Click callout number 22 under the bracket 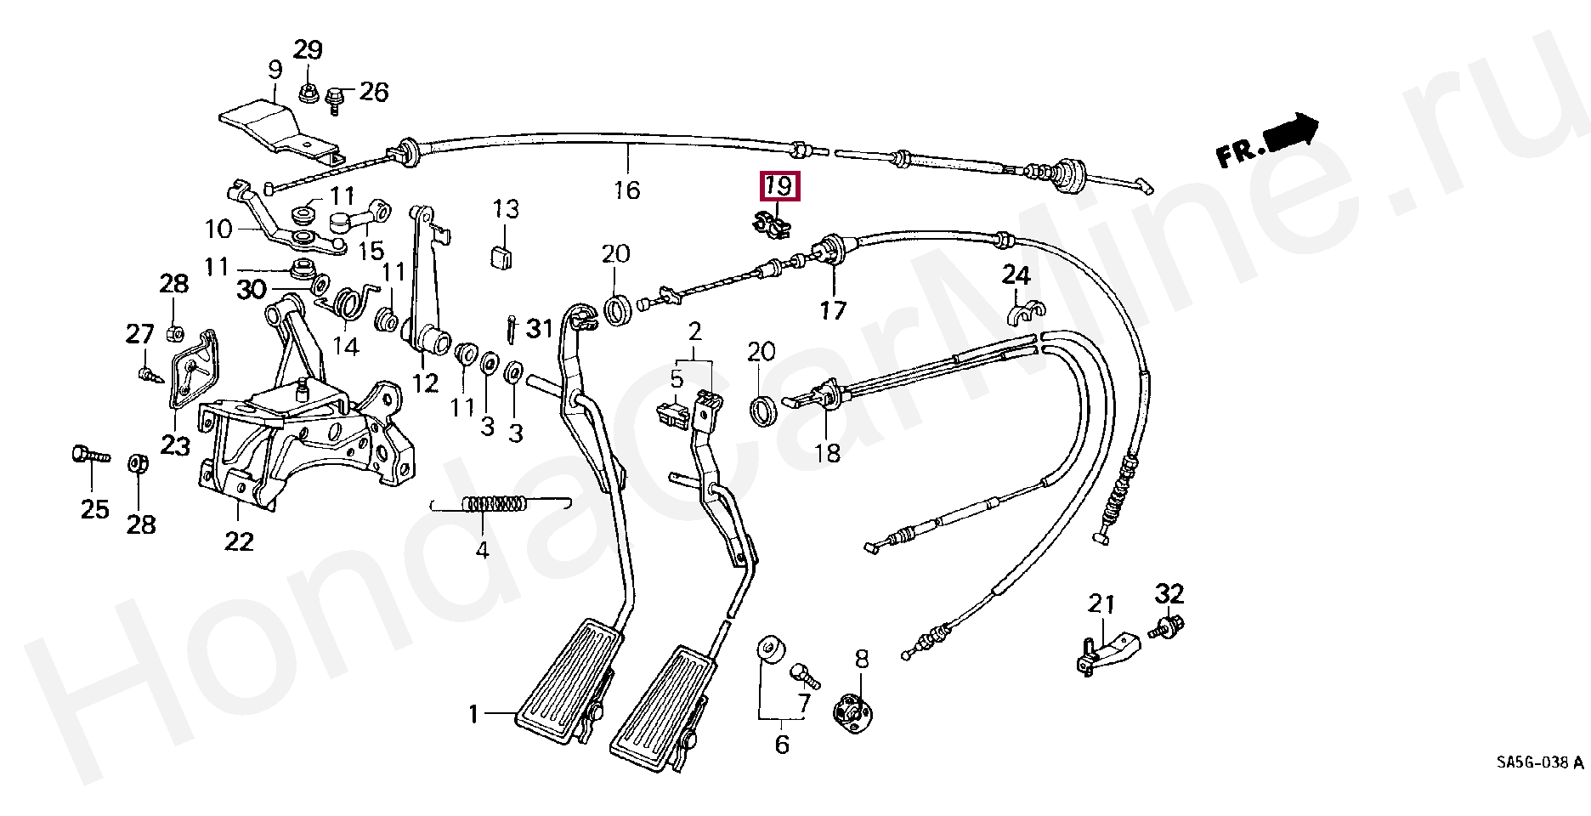pos(239,541)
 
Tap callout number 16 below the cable pos(626,190)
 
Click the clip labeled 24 pos(1025,314)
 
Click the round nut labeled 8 pos(852,707)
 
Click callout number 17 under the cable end pos(833,310)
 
